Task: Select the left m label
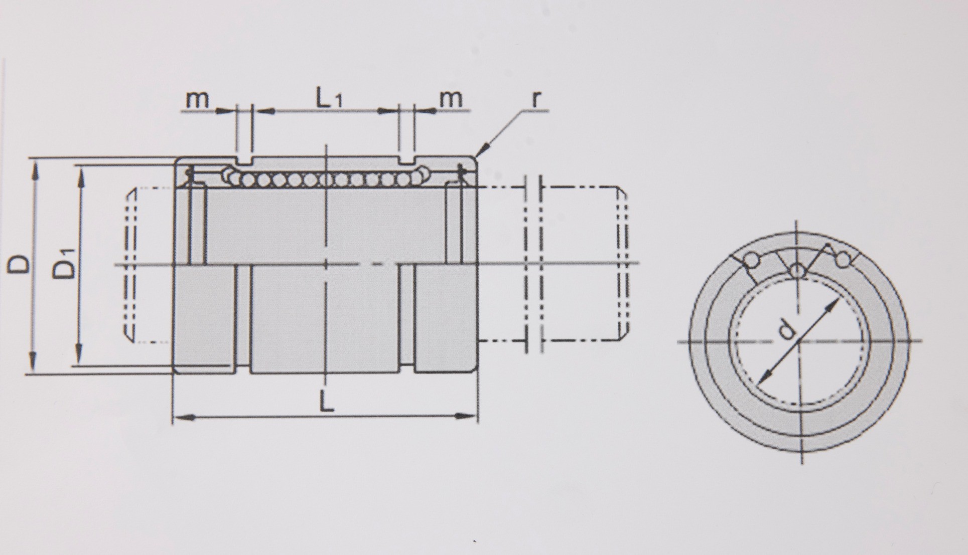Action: click(197, 99)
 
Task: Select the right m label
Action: click(451, 98)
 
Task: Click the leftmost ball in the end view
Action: click(751, 260)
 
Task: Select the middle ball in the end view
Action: click(796, 271)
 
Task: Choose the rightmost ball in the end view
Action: click(843, 259)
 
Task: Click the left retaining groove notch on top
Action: click(243, 161)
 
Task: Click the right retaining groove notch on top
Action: click(407, 161)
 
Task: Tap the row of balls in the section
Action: click(326, 179)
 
